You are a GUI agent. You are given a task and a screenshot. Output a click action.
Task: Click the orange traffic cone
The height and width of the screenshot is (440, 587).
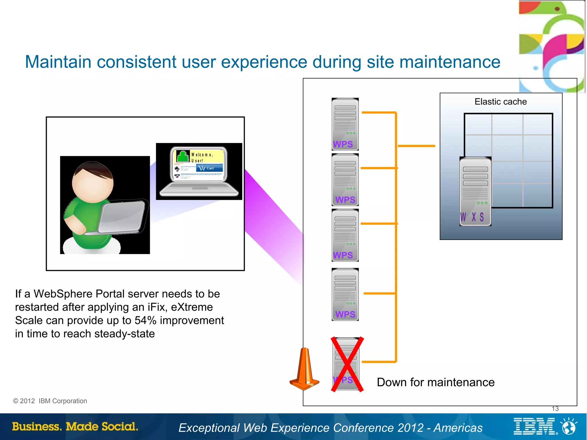tap(304, 370)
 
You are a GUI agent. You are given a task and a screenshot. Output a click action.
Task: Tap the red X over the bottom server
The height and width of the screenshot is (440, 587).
tap(347, 364)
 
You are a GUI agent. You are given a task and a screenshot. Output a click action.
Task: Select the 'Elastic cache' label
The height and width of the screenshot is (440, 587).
tap(500, 102)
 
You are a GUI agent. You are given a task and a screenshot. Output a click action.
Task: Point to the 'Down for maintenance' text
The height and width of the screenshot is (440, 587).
tap(435, 382)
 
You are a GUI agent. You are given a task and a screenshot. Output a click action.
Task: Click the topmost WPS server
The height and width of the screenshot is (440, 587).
tap(345, 124)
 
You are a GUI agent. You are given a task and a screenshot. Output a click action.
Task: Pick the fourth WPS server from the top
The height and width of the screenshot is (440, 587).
tap(345, 294)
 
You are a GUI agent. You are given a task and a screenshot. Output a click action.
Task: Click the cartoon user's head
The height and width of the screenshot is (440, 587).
tap(93, 182)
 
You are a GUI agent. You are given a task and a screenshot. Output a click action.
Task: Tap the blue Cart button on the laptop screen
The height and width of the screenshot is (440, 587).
tap(210, 168)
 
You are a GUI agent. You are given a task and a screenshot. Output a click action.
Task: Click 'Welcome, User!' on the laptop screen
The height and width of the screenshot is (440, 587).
tap(202, 157)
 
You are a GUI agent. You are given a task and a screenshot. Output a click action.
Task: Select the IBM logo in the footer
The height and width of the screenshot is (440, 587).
tap(534, 426)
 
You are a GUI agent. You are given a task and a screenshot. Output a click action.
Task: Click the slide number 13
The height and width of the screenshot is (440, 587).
tap(555, 409)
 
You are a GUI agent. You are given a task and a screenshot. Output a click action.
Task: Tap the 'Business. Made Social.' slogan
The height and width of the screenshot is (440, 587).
tap(75, 427)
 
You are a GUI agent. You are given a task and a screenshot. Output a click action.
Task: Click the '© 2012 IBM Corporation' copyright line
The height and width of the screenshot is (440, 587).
tap(50, 401)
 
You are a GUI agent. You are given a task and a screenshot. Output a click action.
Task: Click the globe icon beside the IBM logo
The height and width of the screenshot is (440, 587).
tap(569, 427)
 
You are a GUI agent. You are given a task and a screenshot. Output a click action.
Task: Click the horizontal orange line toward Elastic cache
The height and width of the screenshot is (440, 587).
tap(416, 146)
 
